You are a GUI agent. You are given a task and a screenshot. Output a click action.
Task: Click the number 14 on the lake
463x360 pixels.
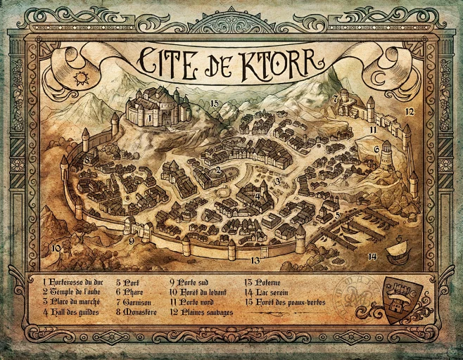pyautogui.click(x=372, y=255)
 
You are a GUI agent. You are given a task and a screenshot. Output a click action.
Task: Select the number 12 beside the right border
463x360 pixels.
pyautogui.click(x=409, y=112)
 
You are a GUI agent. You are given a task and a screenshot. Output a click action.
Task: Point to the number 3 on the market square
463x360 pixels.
pyautogui.click(x=278, y=181)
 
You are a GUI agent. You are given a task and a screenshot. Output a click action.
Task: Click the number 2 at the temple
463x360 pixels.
pyautogui.click(x=219, y=170)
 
